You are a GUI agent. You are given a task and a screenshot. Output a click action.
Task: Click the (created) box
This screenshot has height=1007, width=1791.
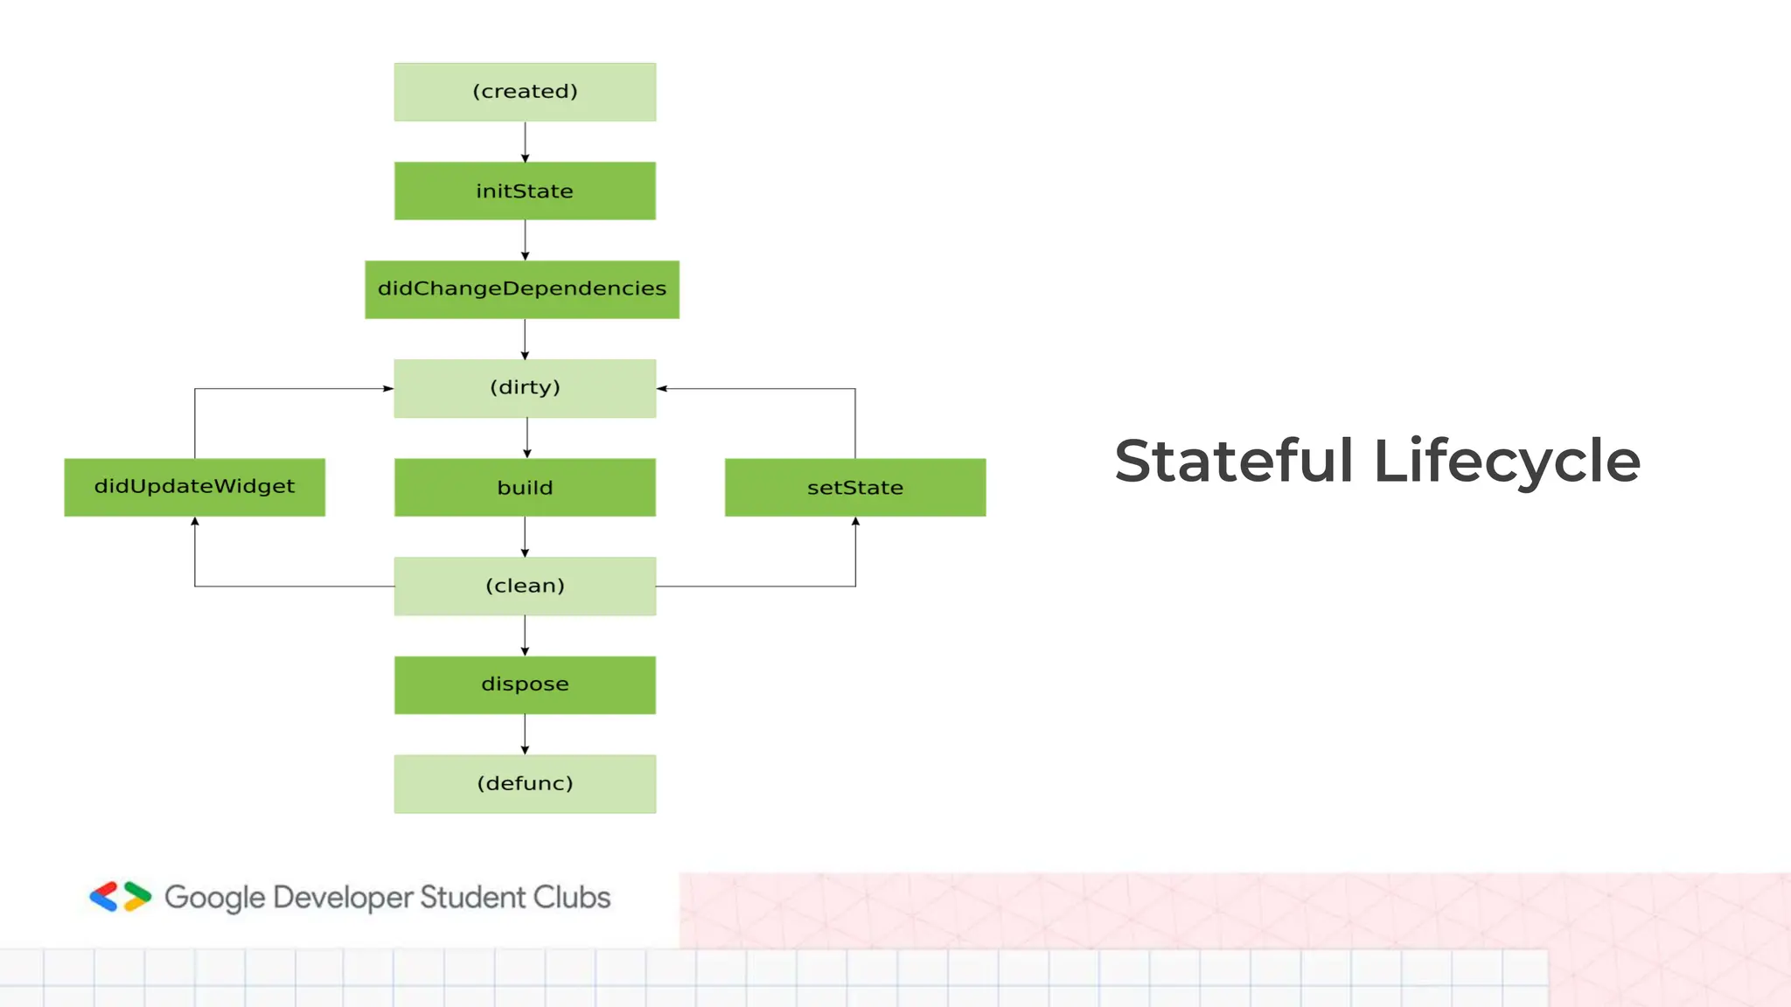point(525,92)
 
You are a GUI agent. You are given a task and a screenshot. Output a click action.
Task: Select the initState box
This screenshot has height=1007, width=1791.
point(525,191)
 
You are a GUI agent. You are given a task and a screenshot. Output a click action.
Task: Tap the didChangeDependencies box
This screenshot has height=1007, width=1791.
point(522,289)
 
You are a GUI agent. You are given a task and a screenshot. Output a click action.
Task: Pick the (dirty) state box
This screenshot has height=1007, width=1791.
point(525,388)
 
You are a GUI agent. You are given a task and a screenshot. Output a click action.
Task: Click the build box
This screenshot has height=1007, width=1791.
point(525,487)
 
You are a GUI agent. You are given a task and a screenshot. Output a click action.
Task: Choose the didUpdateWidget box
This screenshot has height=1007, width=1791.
point(194,487)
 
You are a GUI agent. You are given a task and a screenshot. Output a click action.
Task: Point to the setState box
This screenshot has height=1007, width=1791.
point(855,487)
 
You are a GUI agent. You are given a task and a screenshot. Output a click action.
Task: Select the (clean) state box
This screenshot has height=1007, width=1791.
point(525,586)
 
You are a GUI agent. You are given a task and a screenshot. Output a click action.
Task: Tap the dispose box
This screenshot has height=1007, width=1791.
point(525,684)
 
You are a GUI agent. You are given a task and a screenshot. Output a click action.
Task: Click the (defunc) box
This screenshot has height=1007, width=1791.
point(525,784)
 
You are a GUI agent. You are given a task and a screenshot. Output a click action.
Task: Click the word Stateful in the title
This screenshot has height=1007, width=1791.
point(1234,461)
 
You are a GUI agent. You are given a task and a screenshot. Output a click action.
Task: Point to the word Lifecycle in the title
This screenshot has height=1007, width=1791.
point(1507,461)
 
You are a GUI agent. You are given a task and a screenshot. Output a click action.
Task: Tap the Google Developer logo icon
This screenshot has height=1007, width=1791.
point(121,897)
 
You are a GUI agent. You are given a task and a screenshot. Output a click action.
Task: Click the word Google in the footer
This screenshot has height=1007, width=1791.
point(214,898)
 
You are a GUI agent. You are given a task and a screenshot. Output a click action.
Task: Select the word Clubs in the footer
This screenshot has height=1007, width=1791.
point(572,898)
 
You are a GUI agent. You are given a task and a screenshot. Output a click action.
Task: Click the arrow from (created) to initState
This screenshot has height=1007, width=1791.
point(525,142)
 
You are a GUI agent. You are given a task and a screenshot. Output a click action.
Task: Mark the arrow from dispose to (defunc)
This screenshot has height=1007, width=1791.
point(525,734)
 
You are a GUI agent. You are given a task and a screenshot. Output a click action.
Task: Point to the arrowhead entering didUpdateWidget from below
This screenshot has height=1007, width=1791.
point(195,522)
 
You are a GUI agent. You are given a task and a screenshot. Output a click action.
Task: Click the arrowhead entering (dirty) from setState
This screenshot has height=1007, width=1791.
point(662,388)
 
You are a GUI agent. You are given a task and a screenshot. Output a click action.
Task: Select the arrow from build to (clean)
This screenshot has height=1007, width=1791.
point(525,537)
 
